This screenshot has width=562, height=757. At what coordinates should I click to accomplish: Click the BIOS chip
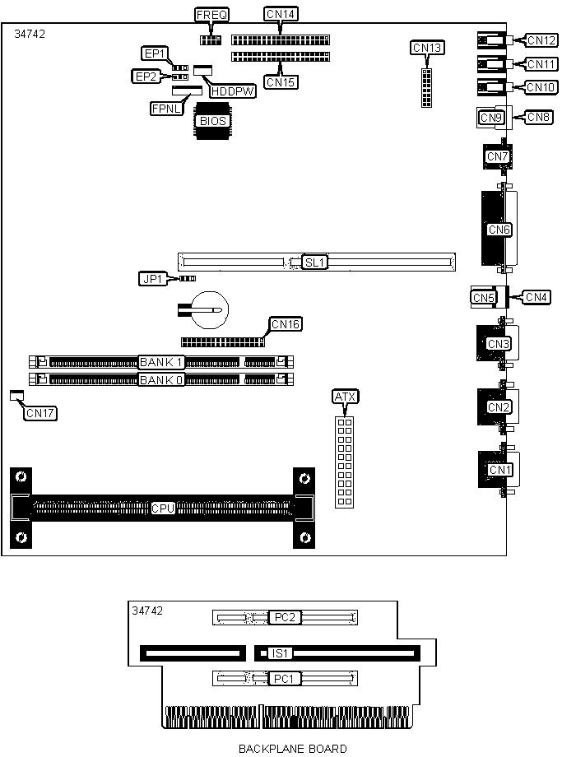211,121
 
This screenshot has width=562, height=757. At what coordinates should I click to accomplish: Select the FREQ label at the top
211,15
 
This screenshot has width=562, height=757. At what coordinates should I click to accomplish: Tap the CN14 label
281,14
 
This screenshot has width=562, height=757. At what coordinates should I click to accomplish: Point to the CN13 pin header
427,87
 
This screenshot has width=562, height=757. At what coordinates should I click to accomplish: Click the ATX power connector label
346,397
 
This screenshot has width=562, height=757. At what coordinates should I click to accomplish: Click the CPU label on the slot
163,509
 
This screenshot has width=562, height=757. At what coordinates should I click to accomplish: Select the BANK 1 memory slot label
161,362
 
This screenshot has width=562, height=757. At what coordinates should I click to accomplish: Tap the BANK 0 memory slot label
161,379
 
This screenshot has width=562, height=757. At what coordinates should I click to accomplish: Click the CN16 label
286,324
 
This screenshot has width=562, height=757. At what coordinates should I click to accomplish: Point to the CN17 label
40,413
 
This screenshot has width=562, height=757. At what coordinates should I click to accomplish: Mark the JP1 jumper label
153,279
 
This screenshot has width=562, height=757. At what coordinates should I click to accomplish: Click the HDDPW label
232,91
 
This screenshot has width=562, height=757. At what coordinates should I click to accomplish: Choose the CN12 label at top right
541,40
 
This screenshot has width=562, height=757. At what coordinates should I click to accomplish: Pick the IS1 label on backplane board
280,654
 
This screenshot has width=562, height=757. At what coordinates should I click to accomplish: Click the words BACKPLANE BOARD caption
292,749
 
